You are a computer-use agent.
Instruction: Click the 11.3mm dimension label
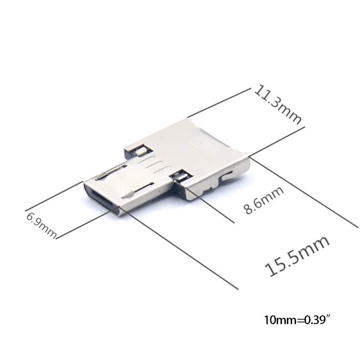[x=278, y=104]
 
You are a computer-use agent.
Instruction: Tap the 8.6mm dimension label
[x=264, y=200]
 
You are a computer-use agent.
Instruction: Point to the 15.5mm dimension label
[x=297, y=256]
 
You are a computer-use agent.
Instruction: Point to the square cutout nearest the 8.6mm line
[x=181, y=176]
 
